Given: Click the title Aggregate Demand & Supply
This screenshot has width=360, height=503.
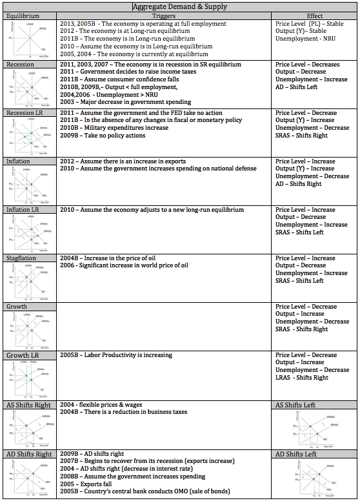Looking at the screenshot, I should tap(179, 6).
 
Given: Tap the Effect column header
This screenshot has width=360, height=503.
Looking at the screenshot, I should tap(315, 15).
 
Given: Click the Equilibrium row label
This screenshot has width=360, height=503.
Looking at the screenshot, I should tap(21, 15).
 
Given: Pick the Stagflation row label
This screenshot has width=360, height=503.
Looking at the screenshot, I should tap(21, 258).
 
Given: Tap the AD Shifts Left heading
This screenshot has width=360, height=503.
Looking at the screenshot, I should tap(295, 454).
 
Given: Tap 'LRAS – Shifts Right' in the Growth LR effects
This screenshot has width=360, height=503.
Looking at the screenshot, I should tap(302, 378).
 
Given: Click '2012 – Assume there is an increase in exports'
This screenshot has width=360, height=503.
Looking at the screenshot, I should tap(123, 161).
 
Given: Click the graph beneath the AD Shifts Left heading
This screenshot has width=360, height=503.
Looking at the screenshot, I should tap(314, 479).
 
